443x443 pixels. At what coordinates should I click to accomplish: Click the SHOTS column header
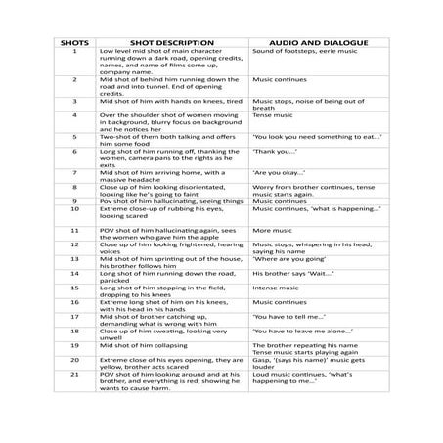click(x=73, y=43)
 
